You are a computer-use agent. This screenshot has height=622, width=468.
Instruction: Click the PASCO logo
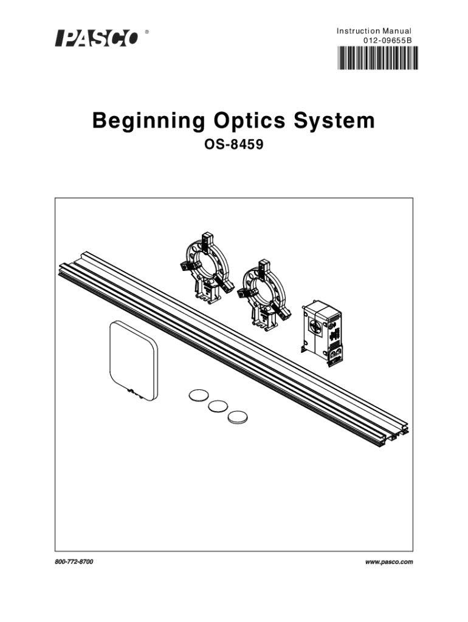point(97,38)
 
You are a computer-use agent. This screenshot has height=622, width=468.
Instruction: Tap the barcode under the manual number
point(377,58)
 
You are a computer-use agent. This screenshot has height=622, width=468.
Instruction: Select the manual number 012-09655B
point(387,40)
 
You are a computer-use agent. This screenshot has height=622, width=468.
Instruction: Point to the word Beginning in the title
point(149,121)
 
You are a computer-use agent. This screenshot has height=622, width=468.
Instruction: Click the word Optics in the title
point(250,120)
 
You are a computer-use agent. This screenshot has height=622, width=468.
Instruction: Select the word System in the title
point(334,121)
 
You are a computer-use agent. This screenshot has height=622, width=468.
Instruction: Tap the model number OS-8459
point(234,145)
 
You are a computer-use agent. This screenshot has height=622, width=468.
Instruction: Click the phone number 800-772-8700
point(74,562)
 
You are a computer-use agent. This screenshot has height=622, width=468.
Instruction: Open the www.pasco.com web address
point(389,562)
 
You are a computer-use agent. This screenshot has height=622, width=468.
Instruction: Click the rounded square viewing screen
point(133,361)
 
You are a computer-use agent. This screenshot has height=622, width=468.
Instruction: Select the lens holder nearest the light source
point(264,295)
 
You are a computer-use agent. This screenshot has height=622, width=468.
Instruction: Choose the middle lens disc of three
point(218,406)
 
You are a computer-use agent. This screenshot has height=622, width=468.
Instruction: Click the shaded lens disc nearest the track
point(238,417)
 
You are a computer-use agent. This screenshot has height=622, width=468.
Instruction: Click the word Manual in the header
point(397,31)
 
